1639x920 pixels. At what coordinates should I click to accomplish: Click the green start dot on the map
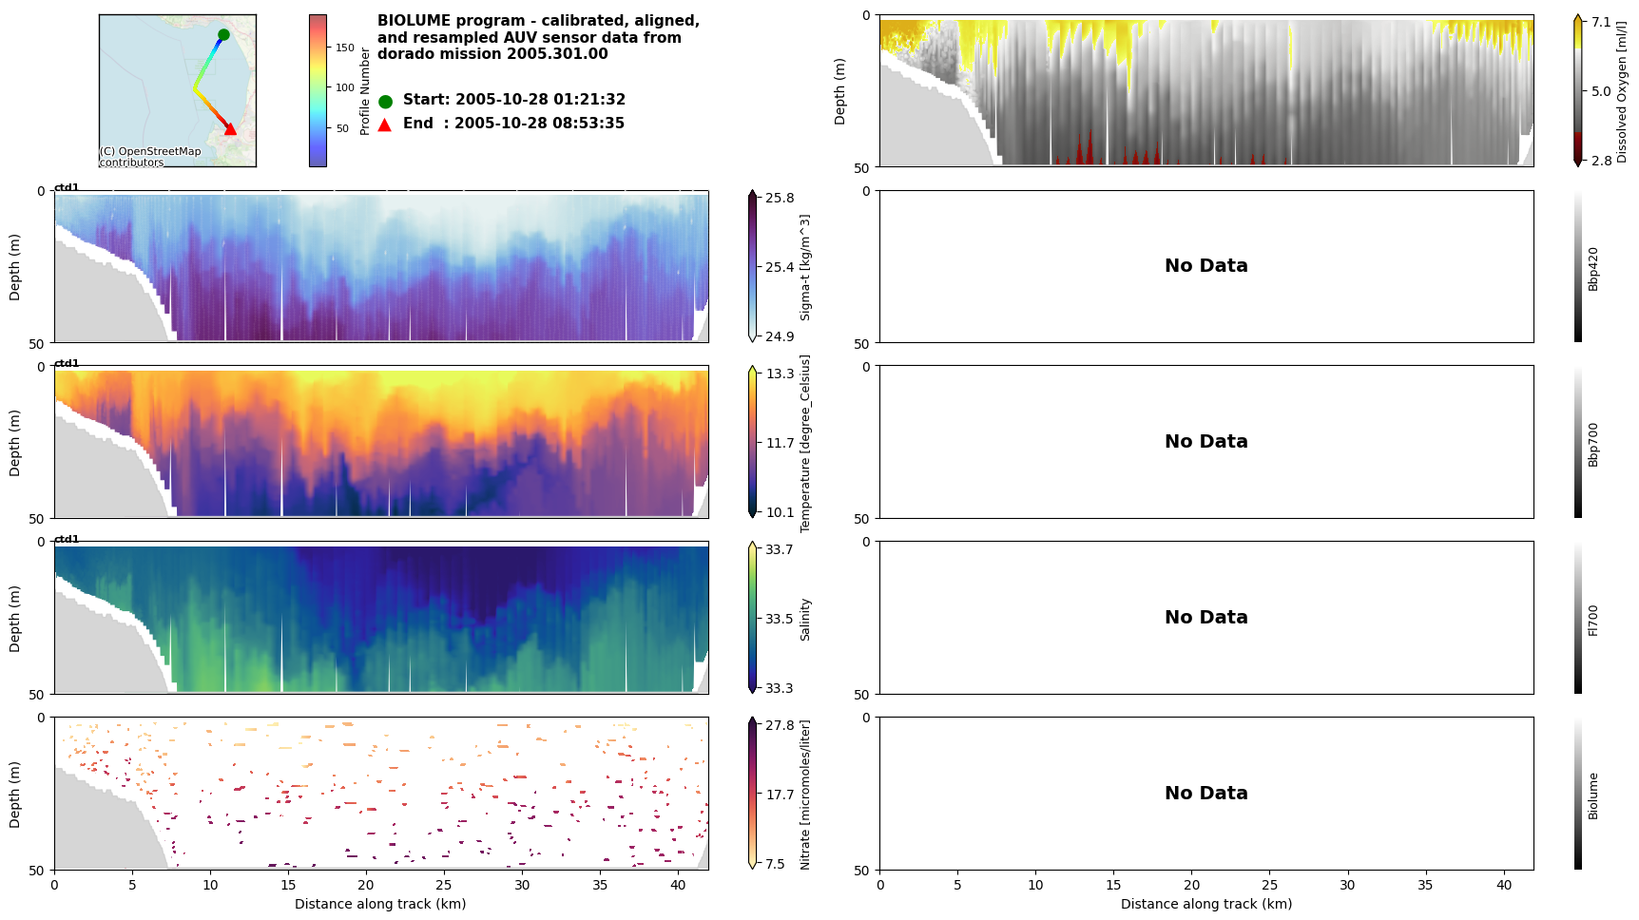223,34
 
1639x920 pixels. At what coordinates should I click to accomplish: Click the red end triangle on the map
230,128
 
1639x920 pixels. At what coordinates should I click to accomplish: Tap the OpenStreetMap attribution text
150,157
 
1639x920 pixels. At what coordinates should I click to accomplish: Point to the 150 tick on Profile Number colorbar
344,48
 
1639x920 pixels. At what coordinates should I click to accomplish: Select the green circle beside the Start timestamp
385,101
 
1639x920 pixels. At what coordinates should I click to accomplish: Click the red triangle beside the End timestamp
385,125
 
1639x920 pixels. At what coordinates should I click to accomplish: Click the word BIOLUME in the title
415,21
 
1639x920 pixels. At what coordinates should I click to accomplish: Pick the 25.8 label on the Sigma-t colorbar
780,198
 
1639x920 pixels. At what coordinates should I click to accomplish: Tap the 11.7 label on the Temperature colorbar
780,443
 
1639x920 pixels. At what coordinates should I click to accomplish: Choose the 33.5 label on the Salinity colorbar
780,619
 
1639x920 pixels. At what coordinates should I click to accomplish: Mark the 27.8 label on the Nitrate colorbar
780,725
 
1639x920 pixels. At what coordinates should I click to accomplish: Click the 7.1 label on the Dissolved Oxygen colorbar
1602,22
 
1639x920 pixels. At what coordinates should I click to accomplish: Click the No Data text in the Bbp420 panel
1205,266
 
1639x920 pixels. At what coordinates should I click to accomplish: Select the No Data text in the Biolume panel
1205,794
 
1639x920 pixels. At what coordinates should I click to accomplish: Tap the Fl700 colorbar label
1593,620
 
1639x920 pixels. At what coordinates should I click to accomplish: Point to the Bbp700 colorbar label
1593,444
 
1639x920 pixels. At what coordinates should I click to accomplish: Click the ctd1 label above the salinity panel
67,539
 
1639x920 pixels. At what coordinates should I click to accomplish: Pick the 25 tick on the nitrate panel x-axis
444,885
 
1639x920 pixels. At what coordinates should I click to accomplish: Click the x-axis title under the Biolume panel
1205,904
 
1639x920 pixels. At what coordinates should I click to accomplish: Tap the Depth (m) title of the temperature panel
14,443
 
